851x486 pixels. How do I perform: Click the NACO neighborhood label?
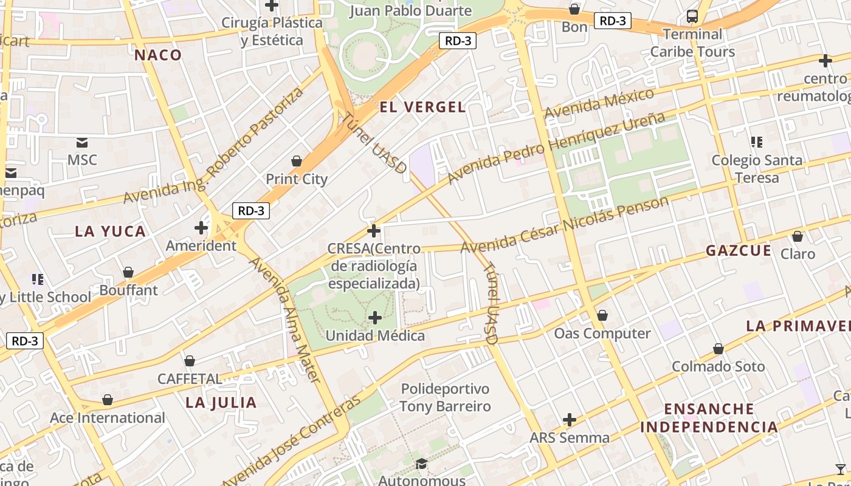[x=158, y=55]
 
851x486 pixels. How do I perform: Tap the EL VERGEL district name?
[x=422, y=108]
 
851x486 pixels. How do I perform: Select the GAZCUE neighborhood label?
[x=739, y=251]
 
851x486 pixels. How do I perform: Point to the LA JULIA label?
[x=221, y=403]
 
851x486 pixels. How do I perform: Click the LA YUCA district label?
[x=111, y=231]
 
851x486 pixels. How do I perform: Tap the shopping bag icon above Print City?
[x=297, y=161]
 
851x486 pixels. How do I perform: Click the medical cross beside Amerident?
[x=201, y=228]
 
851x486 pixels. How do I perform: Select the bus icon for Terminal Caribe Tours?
[x=692, y=16]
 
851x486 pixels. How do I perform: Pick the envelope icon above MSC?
[x=82, y=143]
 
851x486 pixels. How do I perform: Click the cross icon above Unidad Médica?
[x=375, y=318]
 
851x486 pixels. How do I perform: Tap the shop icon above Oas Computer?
[x=602, y=315]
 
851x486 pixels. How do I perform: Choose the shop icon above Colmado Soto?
[x=718, y=349]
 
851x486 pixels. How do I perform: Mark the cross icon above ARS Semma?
[x=570, y=420]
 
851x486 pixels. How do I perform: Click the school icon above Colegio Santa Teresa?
[x=757, y=143]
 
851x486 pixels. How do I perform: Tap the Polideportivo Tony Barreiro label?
[x=445, y=397]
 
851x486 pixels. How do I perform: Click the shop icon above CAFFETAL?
[x=190, y=361]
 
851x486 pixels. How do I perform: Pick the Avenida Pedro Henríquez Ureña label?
[x=556, y=148]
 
